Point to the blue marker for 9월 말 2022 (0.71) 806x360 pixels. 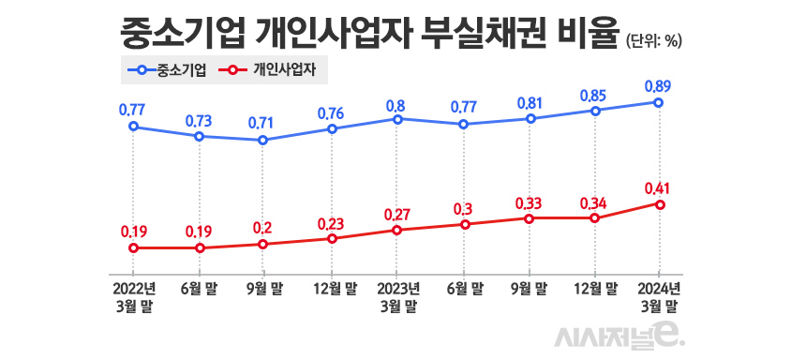click(x=263, y=141)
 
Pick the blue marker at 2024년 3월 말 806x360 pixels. click(x=660, y=102)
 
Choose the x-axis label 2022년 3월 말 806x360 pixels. click(x=133, y=296)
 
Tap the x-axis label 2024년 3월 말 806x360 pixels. click(x=660, y=296)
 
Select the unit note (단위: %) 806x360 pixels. click(x=653, y=39)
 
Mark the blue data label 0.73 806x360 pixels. click(x=198, y=120)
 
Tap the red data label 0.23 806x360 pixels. click(x=330, y=223)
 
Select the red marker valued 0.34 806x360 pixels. click(x=594, y=218)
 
